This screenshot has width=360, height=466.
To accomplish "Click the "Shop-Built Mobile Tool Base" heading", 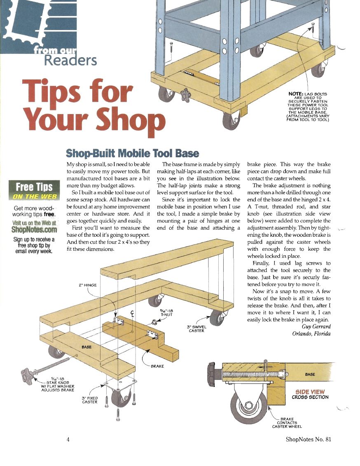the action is [x=132, y=154].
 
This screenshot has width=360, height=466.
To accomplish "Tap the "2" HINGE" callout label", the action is [x=88, y=285].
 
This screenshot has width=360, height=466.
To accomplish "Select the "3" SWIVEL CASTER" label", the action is [x=196, y=329].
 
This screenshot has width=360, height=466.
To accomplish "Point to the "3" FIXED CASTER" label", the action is [x=90, y=400].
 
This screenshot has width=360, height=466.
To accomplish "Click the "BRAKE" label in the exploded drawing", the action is [x=157, y=366].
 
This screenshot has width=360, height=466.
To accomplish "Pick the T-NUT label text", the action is [x=166, y=315].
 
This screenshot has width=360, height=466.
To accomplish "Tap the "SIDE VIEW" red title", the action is [x=310, y=392].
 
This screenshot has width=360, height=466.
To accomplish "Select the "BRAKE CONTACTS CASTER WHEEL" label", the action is [x=287, y=423].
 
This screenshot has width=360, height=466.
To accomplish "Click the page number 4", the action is [x=68, y=439].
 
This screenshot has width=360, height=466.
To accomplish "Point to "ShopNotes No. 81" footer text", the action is [x=308, y=439].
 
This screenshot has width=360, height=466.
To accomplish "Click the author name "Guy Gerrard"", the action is [x=316, y=326].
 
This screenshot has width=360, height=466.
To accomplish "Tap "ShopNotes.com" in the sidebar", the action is [x=34, y=229].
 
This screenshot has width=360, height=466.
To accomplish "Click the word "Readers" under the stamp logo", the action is [x=70, y=61].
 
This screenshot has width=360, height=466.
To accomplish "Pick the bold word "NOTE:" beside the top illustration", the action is [x=295, y=94].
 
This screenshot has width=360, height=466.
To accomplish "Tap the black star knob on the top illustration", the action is [x=185, y=95].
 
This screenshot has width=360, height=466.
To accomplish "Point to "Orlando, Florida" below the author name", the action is [x=311, y=333].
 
